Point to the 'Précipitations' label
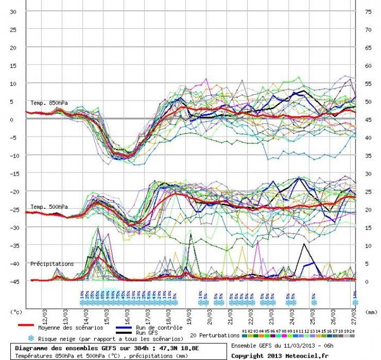coord(52,264)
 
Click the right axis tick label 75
coord(367,11)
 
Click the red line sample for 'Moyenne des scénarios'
coord(24,327)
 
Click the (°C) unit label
coord(16,312)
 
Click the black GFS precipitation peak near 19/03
coord(191,234)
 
